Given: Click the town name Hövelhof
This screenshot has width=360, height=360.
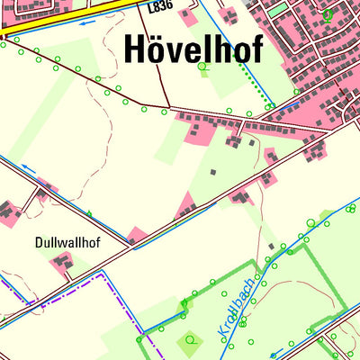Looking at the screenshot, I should pyautogui.click(x=194, y=49).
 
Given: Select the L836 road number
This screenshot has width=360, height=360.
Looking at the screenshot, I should pyautogui.click(x=160, y=6).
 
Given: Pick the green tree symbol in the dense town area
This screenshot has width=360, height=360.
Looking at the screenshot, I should pyautogui.click(x=328, y=14).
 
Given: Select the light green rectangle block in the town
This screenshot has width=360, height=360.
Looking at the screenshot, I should pyautogui.click(x=279, y=9).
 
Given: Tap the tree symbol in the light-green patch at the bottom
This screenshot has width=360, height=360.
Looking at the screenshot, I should pyautogui.click(x=190, y=341).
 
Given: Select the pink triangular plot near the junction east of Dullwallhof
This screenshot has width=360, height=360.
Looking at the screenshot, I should pyautogui.click(x=136, y=236).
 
